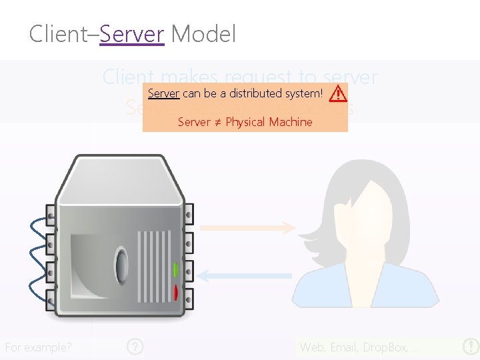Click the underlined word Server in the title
point(132,33)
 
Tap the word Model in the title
point(203,33)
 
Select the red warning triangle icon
point(337,93)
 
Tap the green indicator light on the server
point(175,270)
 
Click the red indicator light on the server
point(175,292)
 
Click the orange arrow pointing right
point(247,228)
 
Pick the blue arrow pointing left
point(247,275)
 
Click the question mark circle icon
point(135,347)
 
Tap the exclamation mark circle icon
point(470,347)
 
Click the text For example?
point(39,347)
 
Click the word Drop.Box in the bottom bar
point(387,347)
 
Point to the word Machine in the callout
point(290,122)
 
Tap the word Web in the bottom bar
point(312,347)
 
